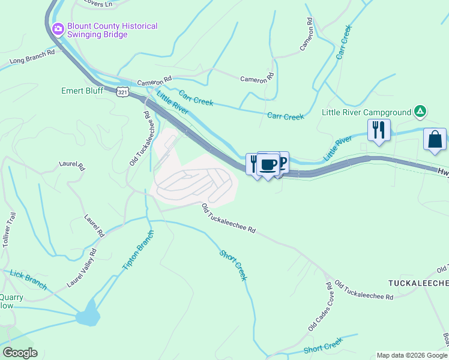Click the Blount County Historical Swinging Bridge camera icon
58,28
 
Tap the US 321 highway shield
122,92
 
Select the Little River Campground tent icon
421,112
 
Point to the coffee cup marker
268,164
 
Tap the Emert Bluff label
82,91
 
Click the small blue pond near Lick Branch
88,314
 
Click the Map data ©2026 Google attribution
411,355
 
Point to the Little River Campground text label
366,112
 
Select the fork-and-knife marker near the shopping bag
378,130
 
